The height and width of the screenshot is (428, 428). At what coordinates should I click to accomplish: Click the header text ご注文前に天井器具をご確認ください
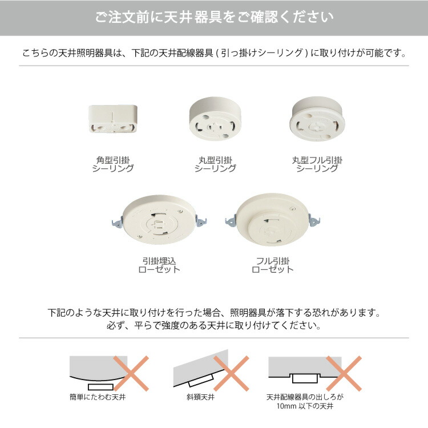(214, 18)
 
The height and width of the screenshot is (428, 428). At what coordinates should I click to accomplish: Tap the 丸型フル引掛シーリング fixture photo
(317, 118)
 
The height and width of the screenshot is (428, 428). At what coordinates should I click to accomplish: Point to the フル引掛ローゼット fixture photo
(272, 220)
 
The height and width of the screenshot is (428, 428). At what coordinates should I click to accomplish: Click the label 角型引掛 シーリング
(113, 164)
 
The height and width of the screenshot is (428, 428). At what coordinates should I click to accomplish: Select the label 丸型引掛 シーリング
(215, 164)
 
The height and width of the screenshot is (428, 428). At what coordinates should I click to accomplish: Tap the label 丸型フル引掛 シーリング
(317, 164)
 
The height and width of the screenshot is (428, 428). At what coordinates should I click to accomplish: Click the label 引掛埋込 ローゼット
(159, 265)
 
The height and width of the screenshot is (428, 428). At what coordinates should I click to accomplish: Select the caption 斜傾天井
(203, 396)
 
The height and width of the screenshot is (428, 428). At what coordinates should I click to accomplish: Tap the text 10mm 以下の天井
(305, 406)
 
